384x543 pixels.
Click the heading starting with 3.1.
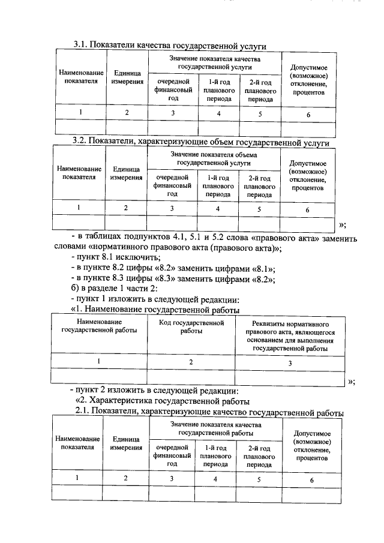point(170,45)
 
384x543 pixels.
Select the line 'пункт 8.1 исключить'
point(116,259)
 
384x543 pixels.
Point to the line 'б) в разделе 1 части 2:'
point(115,289)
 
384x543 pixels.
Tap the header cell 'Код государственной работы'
point(191,327)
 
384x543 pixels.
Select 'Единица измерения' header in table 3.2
point(126,173)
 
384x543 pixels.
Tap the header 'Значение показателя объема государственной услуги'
point(214,158)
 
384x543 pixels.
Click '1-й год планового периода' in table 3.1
point(219,89)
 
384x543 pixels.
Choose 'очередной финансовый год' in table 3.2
point(172,186)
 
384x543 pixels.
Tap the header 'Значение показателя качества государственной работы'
point(215,428)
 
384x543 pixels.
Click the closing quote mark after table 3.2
point(343,225)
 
